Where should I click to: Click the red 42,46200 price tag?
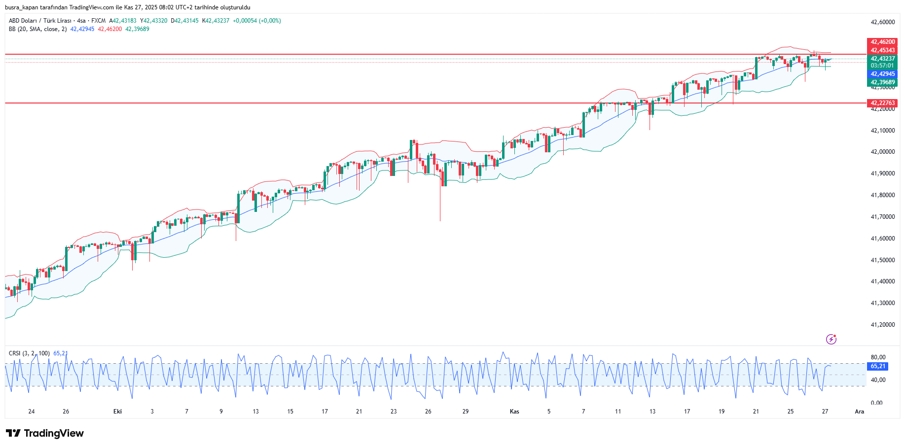pyautogui.click(x=882, y=42)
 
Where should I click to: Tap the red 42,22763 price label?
pyautogui.click(x=882, y=103)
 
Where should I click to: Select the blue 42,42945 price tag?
pyautogui.click(x=882, y=74)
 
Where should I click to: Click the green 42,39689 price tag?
pyautogui.click(x=882, y=83)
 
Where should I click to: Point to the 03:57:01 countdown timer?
pyautogui.click(x=882, y=66)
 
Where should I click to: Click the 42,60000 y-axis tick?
pyautogui.click(x=883, y=22)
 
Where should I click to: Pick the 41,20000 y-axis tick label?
pyautogui.click(x=883, y=325)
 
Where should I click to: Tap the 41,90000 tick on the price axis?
pyautogui.click(x=883, y=173)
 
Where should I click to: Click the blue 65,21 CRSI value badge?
pyautogui.click(x=878, y=367)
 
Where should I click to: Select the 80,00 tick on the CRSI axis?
pyautogui.click(x=878, y=357)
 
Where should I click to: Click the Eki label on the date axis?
pyautogui.click(x=117, y=412)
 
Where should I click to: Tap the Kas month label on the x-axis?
pyautogui.click(x=514, y=412)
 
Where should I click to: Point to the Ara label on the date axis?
pyautogui.click(x=860, y=412)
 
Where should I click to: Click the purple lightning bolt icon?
pyautogui.click(x=832, y=339)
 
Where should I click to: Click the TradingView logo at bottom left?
pyautogui.click(x=45, y=433)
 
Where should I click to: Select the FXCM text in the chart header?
pyautogui.click(x=98, y=21)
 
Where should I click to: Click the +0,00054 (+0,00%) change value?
pyautogui.click(x=257, y=21)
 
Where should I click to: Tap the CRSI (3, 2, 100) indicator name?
pyautogui.click(x=29, y=353)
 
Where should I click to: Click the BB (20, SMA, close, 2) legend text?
pyautogui.click(x=37, y=29)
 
